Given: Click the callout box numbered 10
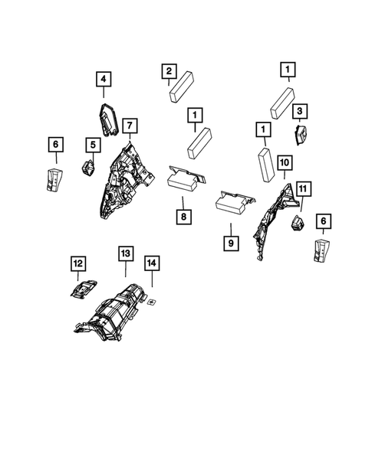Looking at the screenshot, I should (x=284, y=162).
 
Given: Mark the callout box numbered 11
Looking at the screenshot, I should (x=303, y=188).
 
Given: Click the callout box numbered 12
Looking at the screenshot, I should (x=77, y=264).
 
